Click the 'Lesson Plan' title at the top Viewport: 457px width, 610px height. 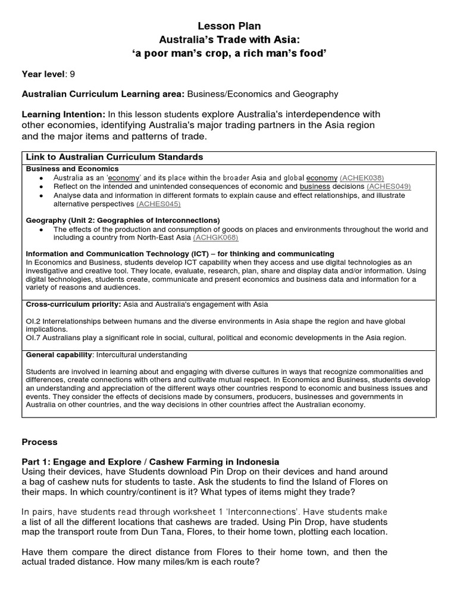(229, 26)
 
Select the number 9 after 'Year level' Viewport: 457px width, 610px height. (73, 74)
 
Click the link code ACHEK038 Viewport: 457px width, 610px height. (362, 178)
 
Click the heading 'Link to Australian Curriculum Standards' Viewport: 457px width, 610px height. (114, 157)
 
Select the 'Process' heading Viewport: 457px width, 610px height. (39, 442)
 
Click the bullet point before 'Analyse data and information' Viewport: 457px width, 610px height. (40, 195)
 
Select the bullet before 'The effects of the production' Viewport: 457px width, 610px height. (40, 229)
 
